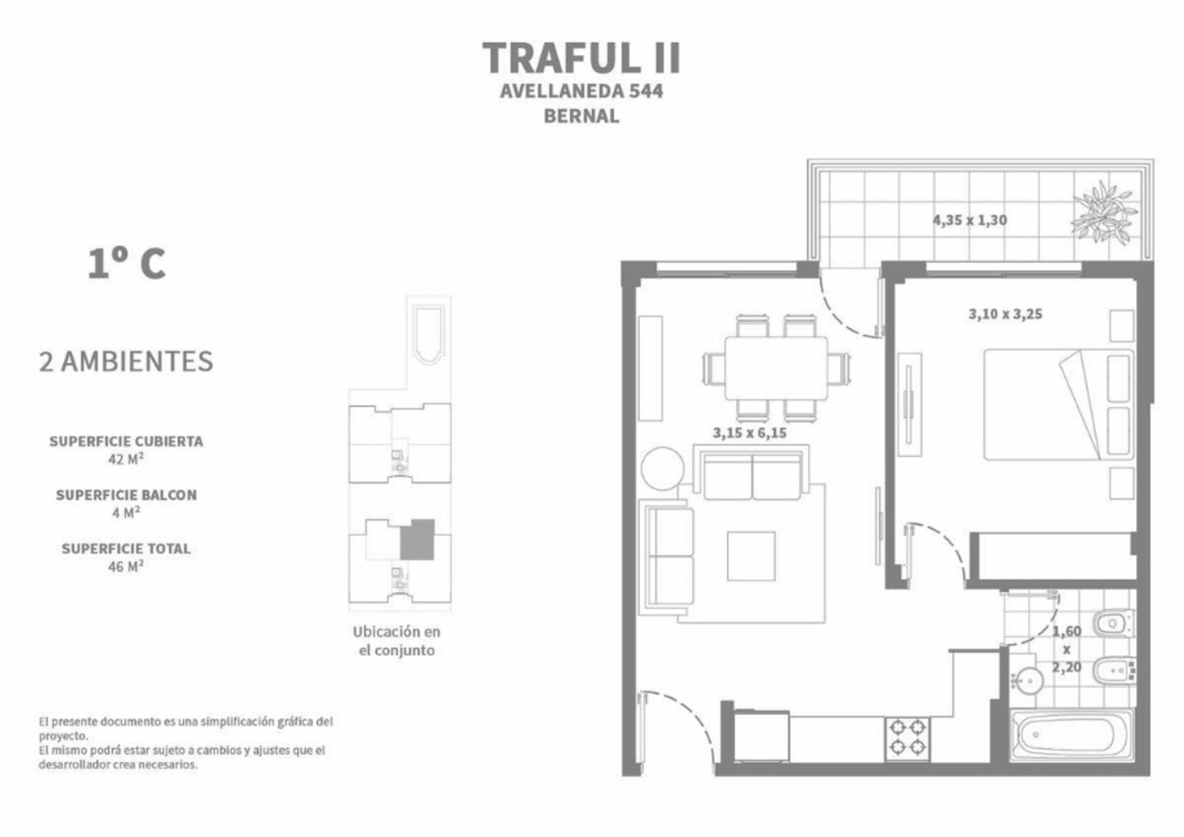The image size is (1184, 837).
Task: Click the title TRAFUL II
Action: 582,58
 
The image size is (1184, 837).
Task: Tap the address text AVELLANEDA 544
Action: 582,91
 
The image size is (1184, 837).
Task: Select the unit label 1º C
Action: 127,264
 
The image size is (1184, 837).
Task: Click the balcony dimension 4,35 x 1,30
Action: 970,220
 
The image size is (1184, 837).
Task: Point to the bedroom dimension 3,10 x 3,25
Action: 1005,314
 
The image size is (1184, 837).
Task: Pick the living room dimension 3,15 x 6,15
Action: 750,433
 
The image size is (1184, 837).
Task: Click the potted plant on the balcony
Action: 1104,212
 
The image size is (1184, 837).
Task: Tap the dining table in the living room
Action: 776,368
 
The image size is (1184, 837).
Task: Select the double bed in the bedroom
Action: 1058,405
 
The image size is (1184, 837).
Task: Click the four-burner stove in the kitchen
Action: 908,739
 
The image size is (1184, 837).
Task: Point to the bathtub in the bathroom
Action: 1072,735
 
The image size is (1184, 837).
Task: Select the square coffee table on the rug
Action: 751,556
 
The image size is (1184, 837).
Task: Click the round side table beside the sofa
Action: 663,469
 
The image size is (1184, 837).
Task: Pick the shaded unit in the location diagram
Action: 417,539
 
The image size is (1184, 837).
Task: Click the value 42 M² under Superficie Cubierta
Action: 126,459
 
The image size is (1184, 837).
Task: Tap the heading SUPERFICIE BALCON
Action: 126,495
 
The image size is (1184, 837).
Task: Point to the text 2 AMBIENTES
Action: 126,362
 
